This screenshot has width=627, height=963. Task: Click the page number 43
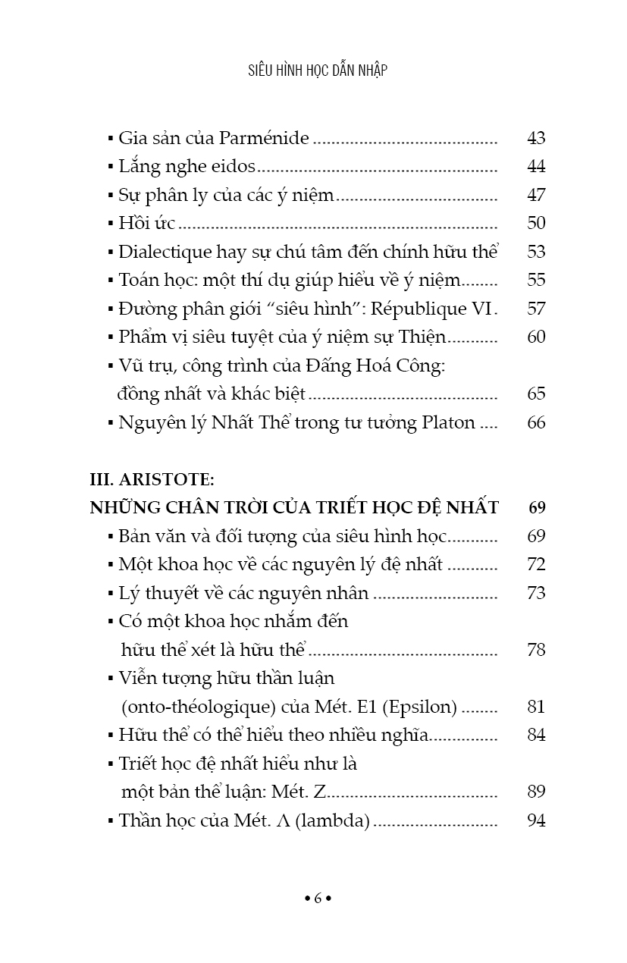pyautogui.click(x=536, y=138)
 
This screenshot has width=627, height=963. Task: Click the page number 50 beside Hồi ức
pyautogui.click(x=536, y=223)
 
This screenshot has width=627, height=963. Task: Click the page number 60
pyautogui.click(x=536, y=337)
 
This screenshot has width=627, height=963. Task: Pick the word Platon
pyautogui.click(x=447, y=422)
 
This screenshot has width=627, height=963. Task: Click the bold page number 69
pyautogui.click(x=537, y=507)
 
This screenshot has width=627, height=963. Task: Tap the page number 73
pyautogui.click(x=536, y=592)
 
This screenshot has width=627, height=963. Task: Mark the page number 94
pyautogui.click(x=536, y=820)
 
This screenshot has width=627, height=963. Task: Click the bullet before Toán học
pyautogui.click(x=111, y=281)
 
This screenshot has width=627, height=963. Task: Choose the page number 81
pyautogui.click(x=536, y=707)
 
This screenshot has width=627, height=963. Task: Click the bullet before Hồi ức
pyautogui.click(x=111, y=224)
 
